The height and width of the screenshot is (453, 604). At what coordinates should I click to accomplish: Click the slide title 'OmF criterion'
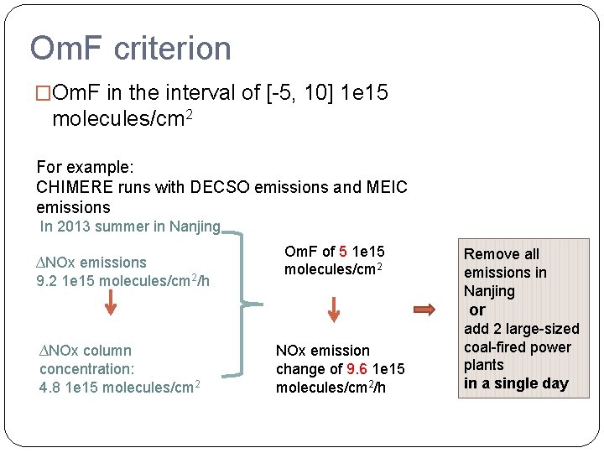(x=130, y=49)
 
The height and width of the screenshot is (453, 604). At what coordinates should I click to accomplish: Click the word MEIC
(x=383, y=187)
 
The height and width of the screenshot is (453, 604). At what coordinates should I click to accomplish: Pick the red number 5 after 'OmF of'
(x=344, y=252)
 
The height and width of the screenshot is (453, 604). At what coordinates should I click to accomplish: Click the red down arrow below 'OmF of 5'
(x=334, y=309)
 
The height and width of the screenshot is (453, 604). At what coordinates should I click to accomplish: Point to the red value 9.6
(x=357, y=369)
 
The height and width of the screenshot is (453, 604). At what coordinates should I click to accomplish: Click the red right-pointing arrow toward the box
(x=425, y=310)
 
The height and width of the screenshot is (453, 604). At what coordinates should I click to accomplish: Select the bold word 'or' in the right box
(x=477, y=310)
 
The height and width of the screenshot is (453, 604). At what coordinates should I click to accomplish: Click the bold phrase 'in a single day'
(x=516, y=384)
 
